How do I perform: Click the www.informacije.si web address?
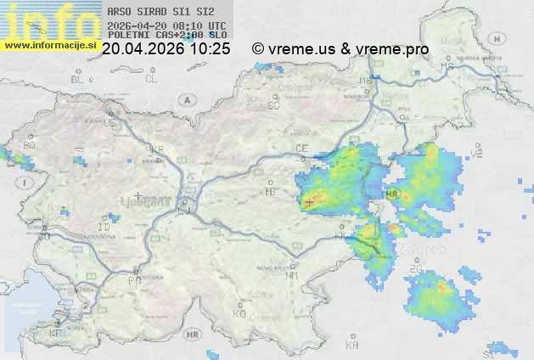coord(49,46)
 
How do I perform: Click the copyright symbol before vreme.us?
coord(258,49)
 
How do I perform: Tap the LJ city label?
coord(184,210)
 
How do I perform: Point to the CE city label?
coord(301,149)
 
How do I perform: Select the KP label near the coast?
coord(56,334)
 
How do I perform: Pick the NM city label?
coord(293,275)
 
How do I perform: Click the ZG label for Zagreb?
coord(415,269)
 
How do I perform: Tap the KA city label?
coord(351,345)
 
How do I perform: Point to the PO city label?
coord(133,279)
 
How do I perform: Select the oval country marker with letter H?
coord(503,37)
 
